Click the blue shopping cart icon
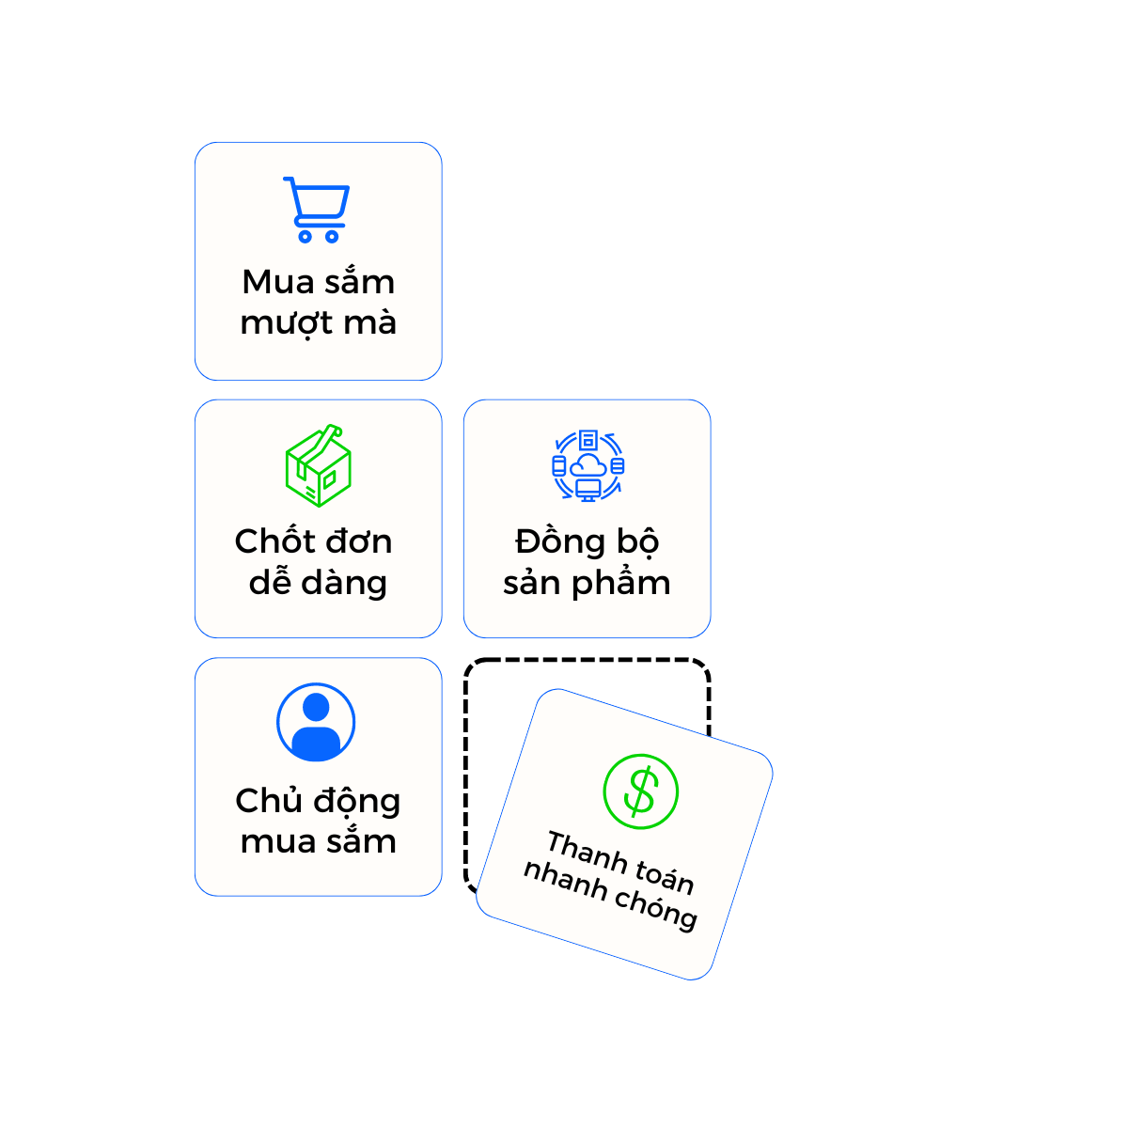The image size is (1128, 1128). (317, 210)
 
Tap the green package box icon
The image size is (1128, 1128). (318, 466)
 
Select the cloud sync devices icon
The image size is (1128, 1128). (587, 466)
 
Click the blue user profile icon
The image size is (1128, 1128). (316, 723)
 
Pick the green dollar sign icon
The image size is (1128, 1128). (640, 791)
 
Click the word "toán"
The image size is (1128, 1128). (665, 876)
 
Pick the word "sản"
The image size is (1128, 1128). (531, 584)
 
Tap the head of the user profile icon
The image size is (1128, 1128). (316, 706)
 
